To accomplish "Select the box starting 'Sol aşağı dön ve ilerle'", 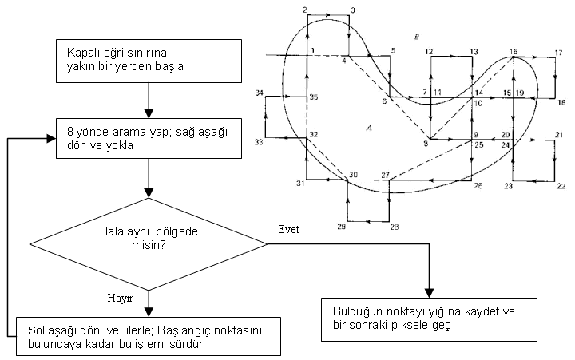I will [149, 337].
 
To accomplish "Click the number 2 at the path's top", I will [305, 9].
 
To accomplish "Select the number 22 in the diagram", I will [561, 185].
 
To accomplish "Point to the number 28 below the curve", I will [394, 227].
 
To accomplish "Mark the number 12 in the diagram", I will [429, 51].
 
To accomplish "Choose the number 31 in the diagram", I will [301, 184].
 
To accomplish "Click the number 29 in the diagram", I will [342, 227].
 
